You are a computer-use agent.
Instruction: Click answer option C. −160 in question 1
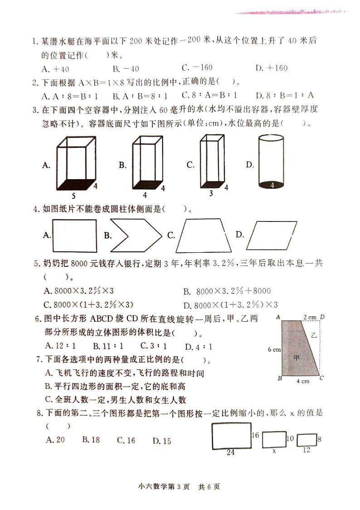[x=197, y=68]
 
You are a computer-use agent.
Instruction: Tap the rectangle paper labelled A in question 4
[x=75, y=235]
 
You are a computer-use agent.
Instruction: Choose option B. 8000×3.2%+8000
[x=227, y=291]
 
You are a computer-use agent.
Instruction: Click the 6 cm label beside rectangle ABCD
[x=274, y=349]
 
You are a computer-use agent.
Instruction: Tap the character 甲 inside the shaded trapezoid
[x=297, y=357]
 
